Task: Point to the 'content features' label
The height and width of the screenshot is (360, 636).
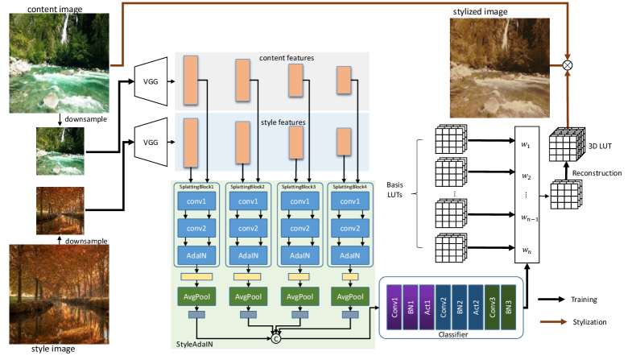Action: (286, 58)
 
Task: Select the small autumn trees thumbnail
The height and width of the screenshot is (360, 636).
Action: (60, 210)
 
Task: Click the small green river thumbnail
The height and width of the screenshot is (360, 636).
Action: (60, 151)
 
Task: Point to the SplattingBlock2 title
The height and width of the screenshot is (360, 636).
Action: (250, 187)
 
